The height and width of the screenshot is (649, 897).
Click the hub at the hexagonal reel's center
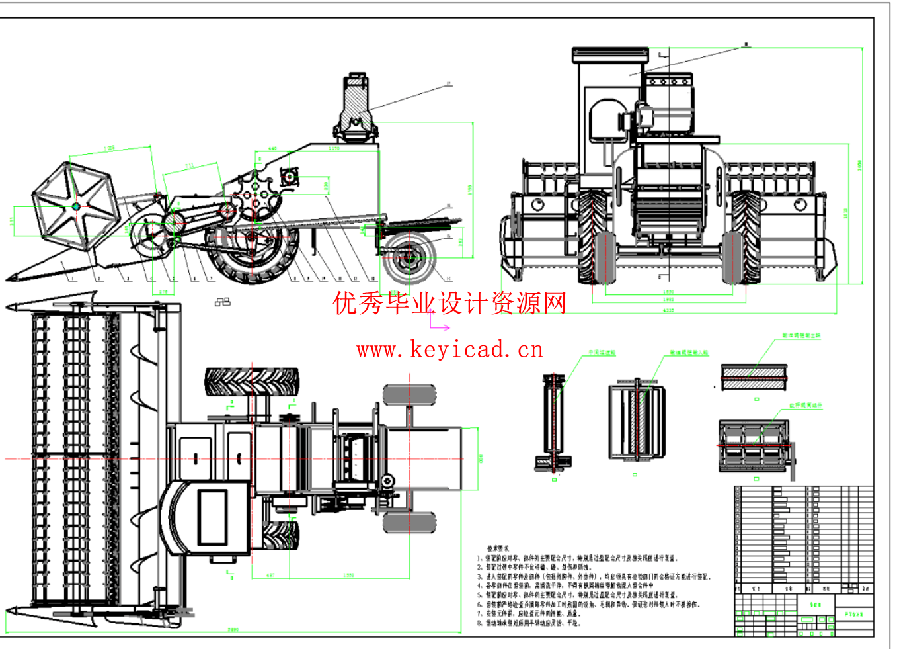[76, 206]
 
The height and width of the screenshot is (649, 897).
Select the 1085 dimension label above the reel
[109, 148]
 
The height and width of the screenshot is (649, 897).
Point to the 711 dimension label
[190, 165]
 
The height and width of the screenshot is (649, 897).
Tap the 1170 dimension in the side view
[334, 149]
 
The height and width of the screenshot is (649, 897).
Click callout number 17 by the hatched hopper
[449, 84]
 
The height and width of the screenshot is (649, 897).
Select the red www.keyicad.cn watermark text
[449, 349]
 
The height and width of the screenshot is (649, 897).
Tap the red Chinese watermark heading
[449, 304]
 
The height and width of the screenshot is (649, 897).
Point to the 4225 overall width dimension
[668, 310]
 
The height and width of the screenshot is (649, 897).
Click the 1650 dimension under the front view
[668, 291]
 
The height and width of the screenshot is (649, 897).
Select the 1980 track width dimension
[668, 300]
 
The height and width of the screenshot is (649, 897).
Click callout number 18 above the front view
[746, 45]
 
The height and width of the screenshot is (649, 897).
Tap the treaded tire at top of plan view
[252, 382]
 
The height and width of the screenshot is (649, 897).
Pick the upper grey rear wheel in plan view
[409, 396]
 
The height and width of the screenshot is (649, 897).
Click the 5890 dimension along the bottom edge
[233, 630]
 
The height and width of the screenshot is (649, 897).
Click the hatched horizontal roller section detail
[754, 378]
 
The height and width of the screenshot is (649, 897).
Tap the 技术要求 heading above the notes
[498, 548]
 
